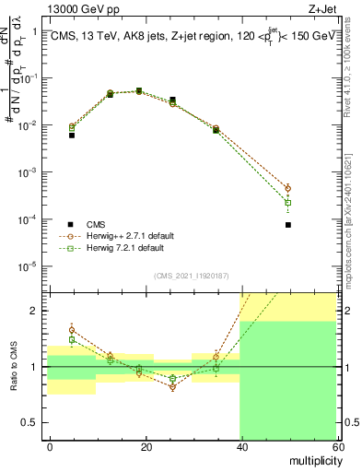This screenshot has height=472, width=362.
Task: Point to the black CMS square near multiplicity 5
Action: click(72, 135)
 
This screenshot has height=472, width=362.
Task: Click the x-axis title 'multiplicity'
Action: click(312, 459)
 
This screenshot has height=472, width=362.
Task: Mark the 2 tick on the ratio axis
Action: click(41, 311)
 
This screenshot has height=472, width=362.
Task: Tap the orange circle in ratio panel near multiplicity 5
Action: click(72, 329)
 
